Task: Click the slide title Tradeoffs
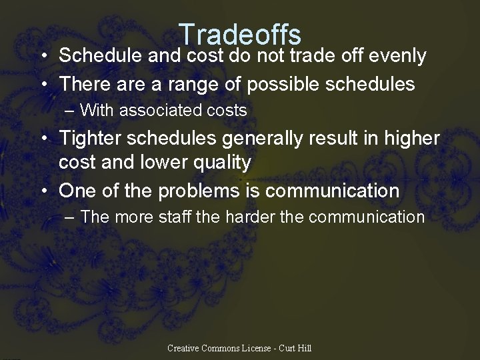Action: pos(240,35)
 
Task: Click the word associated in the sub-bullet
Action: pos(161,110)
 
